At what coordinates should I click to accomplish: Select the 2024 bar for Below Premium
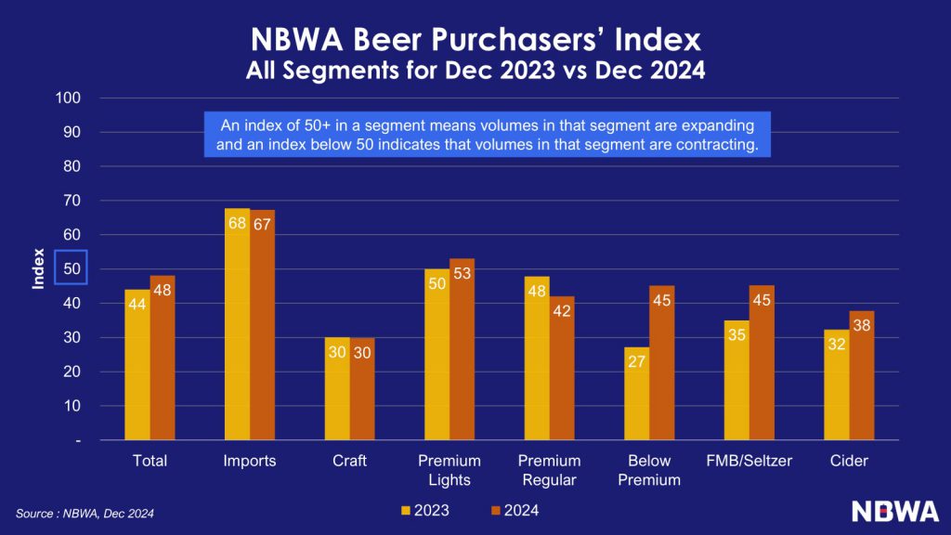tap(661, 362)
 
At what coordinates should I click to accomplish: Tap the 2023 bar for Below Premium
tap(636, 394)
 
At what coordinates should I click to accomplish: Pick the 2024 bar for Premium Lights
tap(462, 349)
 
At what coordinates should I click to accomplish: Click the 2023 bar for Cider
tap(837, 385)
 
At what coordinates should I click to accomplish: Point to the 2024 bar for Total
tap(163, 358)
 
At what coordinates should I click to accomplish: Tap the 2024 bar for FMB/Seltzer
tap(762, 362)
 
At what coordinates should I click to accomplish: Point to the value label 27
tap(636, 361)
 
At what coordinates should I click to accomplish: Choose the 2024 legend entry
tap(515, 510)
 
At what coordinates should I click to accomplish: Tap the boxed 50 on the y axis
tap(71, 268)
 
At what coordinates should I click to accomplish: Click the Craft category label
tap(349, 461)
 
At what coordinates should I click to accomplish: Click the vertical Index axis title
tap(38, 268)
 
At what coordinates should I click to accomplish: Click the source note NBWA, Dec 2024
tap(85, 513)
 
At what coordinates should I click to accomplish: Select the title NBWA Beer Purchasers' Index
tap(475, 41)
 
